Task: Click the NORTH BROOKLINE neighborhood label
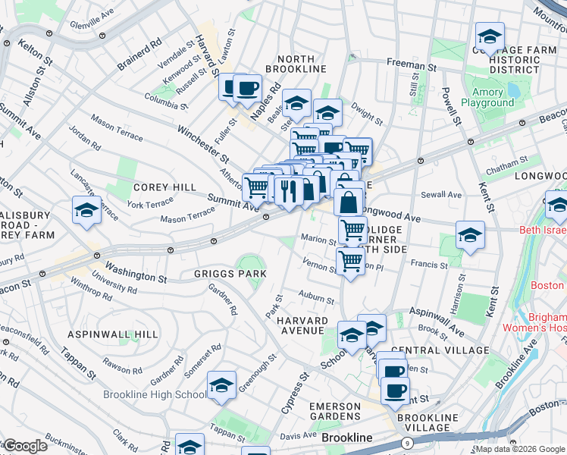click(x=301, y=64)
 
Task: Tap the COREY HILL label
click(x=164, y=187)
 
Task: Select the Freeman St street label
click(x=411, y=66)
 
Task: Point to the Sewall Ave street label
click(x=441, y=195)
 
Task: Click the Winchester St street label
click(x=202, y=144)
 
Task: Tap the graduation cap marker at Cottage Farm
click(x=490, y=36)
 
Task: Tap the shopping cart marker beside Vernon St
click(x=349, y=262)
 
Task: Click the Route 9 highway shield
click(x=408, y=442)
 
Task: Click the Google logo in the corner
click(x=24, y=446)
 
